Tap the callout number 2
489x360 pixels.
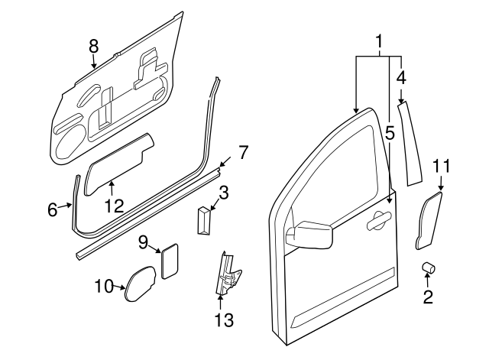point(428,295)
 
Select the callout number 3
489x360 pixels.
point(224,191)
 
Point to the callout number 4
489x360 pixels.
point(400,77)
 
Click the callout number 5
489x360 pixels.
point(389,134)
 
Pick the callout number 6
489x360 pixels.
point(53,209)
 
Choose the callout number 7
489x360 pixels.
point(243,152)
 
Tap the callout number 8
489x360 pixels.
point(93,46)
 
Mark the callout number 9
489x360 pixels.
point(143,242)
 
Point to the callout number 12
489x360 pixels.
point(113,205)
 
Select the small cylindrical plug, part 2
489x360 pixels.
point(428,268)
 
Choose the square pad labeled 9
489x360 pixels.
point(169,257)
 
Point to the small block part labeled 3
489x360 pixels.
point(204,221)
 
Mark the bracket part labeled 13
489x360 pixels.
point(226,273)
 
